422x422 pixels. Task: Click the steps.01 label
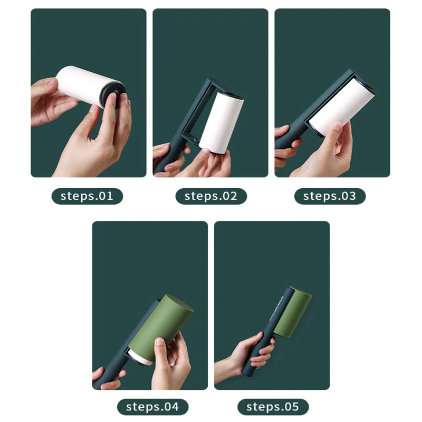[87, 196]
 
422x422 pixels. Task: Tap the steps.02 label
[211, 196]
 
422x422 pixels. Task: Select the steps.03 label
[330, 196]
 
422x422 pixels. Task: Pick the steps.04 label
[152, 407]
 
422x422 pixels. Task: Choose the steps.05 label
[273, 407]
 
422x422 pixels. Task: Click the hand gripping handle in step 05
[253, 351]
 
